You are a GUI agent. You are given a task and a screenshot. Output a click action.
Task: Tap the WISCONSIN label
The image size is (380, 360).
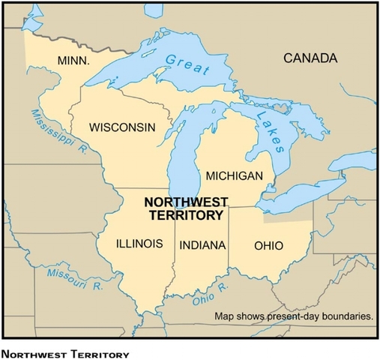123,127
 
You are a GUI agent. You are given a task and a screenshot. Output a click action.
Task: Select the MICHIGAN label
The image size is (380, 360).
235,176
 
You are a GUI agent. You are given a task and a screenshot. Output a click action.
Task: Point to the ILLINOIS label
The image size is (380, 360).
139,244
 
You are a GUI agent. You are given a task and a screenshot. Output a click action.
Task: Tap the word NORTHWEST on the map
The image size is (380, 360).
183,202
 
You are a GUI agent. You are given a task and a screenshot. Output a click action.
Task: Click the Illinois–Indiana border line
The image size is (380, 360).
174,255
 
